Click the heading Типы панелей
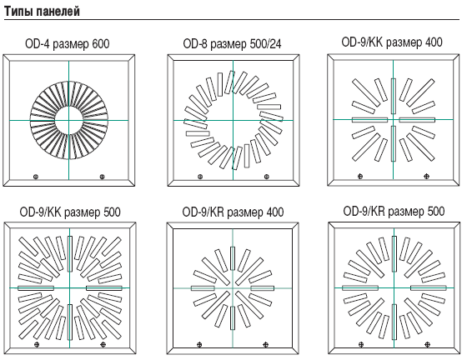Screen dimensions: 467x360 [x=42, y=12]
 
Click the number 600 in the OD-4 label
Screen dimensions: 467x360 [x=101, y=44]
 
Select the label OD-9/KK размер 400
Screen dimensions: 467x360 [x=392, y=42]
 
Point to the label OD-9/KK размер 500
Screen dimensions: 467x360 [x=70, y=212]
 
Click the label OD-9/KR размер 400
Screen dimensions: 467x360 [x=233, y=212]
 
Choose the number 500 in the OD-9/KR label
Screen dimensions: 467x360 [x=436, y=212]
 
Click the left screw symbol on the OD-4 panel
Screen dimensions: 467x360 [x=36, y=177]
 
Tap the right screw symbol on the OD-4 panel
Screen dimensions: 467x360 [x=102, y=177]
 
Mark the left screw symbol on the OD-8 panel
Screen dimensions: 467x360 [x=200, y=177]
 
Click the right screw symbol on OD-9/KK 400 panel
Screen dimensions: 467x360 [x=427, y=177]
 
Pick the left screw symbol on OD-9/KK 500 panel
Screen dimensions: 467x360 [x=37, y=344]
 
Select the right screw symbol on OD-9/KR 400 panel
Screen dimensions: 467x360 [x=266, y=345]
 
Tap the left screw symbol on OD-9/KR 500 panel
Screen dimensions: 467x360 [x=361, y=344]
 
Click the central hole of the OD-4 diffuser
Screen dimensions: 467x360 [x=68, y=120]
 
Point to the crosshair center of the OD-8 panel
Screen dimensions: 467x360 [x=233, y=120]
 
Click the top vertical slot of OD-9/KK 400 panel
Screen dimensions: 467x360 [x=394, y=96]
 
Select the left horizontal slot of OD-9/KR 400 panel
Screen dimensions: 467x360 [x=203, y=288]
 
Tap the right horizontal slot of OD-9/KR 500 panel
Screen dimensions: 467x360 [x=429, y=287]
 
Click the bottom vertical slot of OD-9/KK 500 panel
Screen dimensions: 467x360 [x=70, y=322]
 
